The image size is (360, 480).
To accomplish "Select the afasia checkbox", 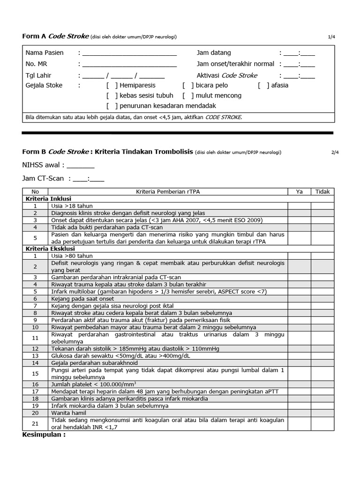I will coord(263,85).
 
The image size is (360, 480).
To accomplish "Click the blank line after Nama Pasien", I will coord(129,53).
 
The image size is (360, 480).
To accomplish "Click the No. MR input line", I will coord(129,64).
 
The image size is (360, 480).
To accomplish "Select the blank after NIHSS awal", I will coord(81,165).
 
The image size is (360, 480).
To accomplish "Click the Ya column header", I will coord(299,191).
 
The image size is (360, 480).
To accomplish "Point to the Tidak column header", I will coord(322,191).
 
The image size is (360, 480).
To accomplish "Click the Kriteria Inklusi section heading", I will coord(44,198).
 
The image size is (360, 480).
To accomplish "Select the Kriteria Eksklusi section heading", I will coord(45,249).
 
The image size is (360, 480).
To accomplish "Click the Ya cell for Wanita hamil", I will coord(299,412).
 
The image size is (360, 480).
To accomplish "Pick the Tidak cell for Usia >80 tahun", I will coord(322,256).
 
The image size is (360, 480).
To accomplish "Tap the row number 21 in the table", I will coord(35,424).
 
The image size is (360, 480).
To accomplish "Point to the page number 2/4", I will coord(331,152).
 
